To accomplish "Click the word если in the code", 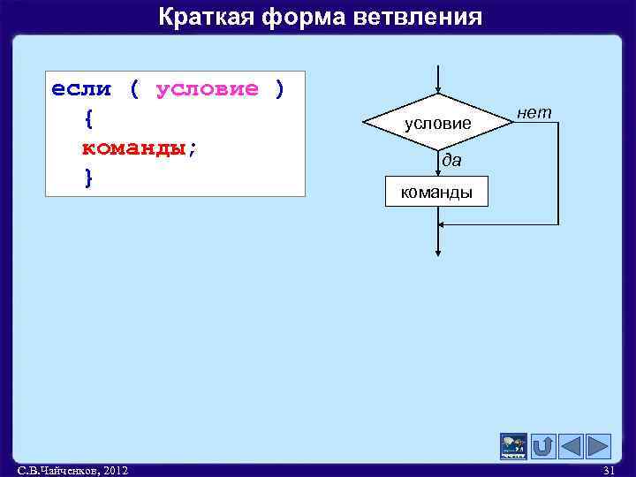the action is pyautogui.click(x=81, y=89).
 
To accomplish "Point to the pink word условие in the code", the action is pyautogui.click(x=208, y=89).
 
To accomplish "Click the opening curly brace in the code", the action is pyautogui.click(x=87, y=118).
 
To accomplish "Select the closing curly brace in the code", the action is pyautogui.click(x=87, y=177).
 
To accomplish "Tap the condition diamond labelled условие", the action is pyautogui.click(x=438, y=124).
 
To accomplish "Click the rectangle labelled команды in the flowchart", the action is pyautogui.click(x=436, y=192).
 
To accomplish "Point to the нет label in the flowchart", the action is pyautogui.click(x=534, y=112).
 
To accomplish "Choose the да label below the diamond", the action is pyautogui.click(x=451, y=162).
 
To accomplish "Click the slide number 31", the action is pyautogui.click(x=608, y=470).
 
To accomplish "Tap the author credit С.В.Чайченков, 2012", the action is pyautogui.click(x=72, y=470).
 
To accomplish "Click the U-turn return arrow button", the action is pyautogui.click(x=542, y=446).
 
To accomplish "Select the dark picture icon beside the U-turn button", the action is pyautogui.click(x=513, y=446).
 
